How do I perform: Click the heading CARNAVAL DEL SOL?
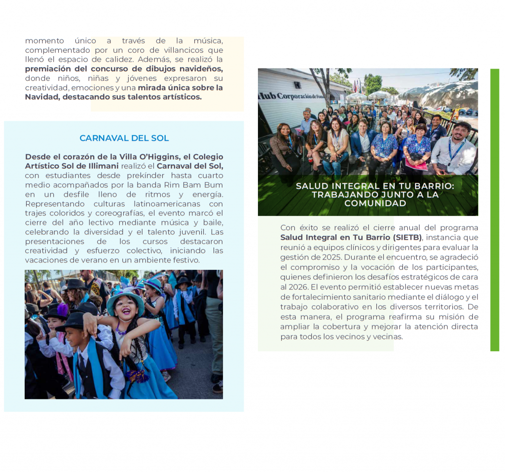(124, 138)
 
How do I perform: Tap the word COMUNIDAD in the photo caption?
(375, 203)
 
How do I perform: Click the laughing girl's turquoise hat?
(125, 301)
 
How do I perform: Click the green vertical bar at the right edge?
(495, 210)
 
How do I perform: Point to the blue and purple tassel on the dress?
(137, 376)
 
